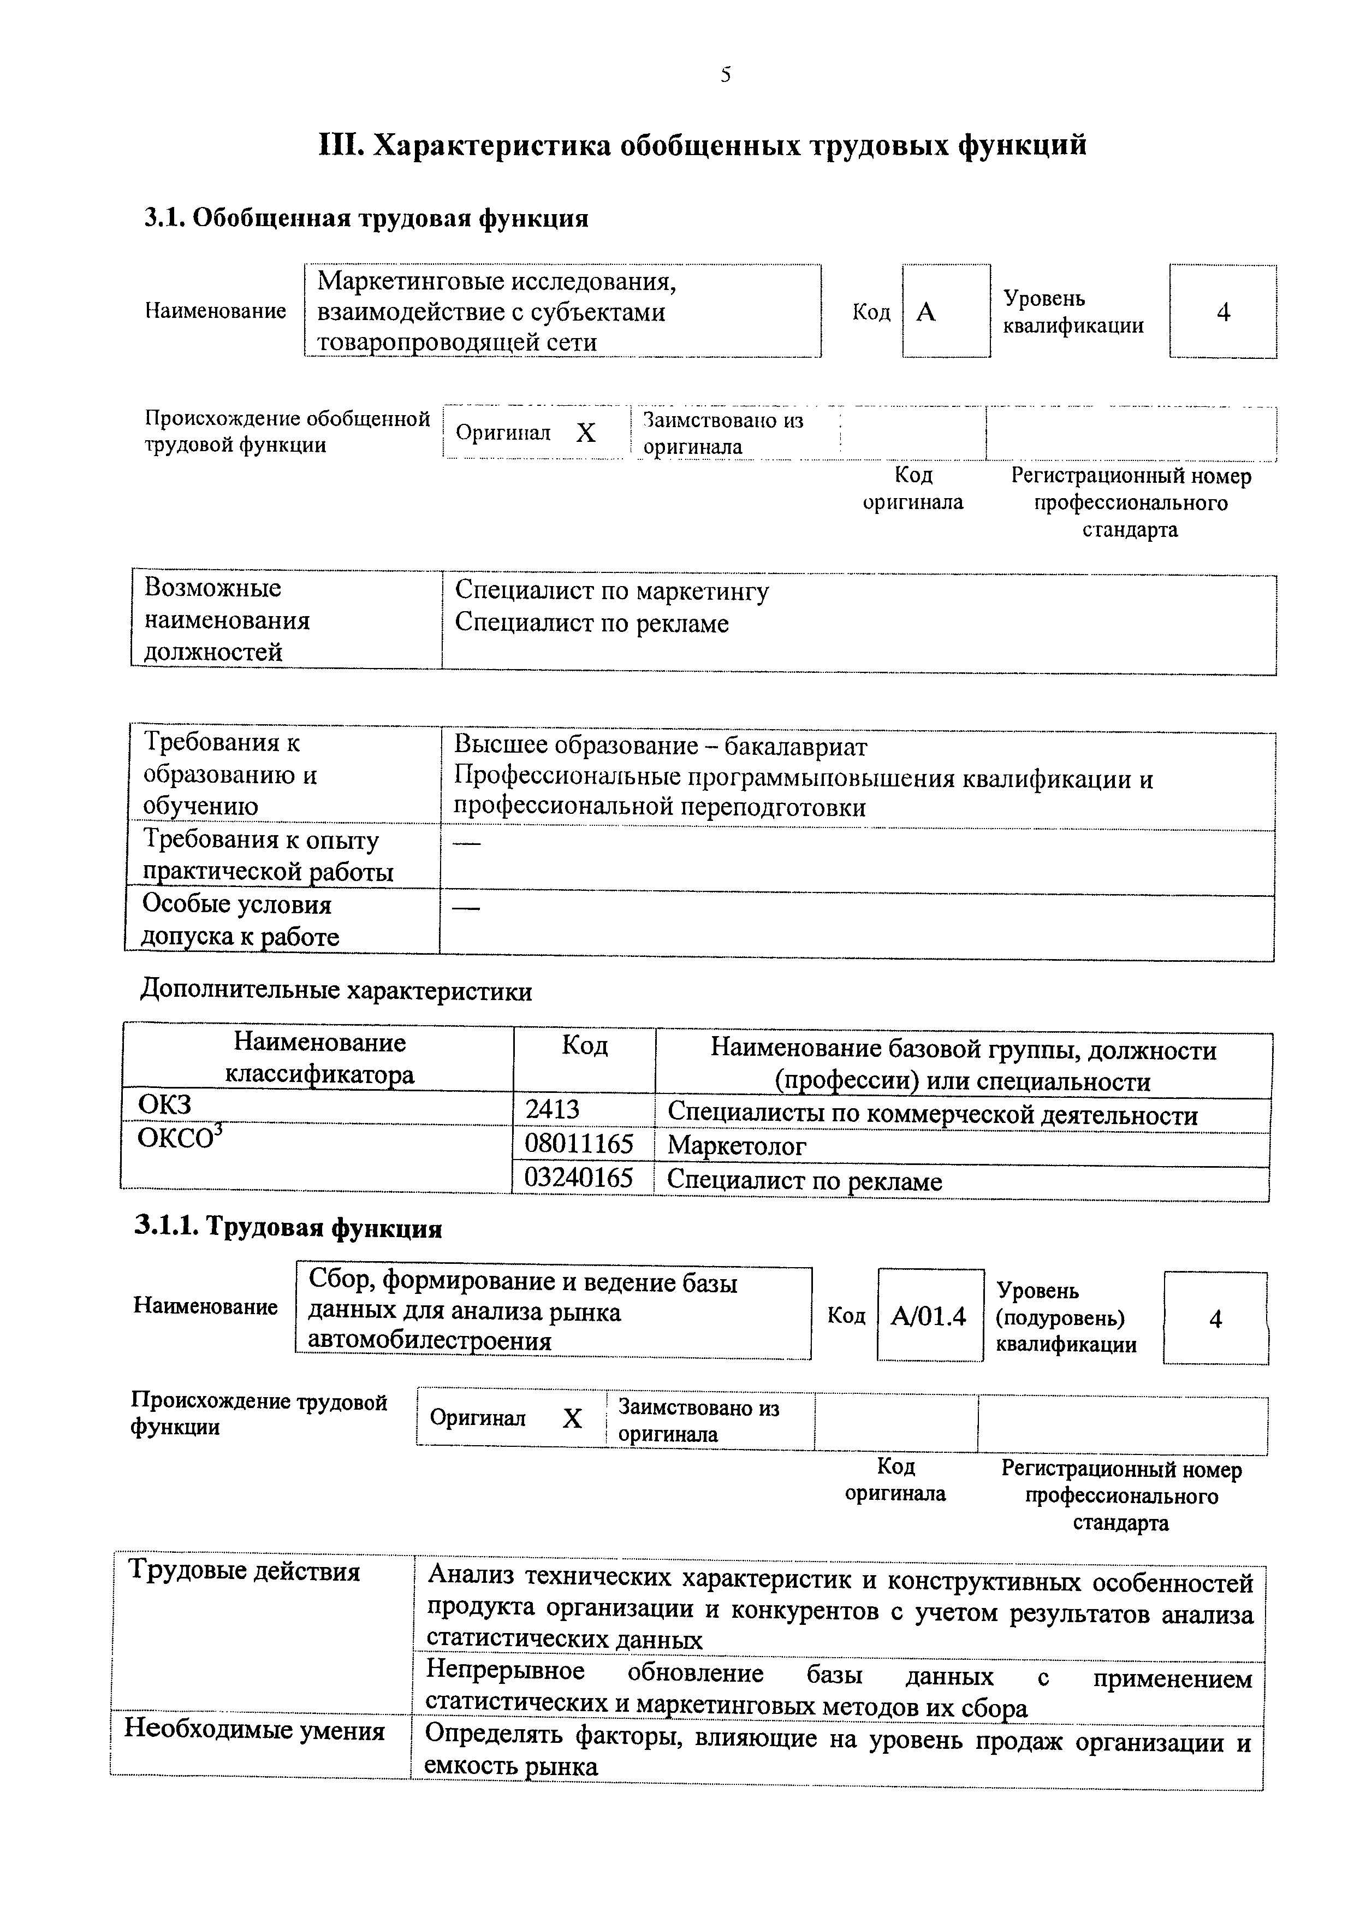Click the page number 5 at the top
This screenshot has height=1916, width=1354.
pos(726,75)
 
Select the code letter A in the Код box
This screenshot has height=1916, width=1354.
pos(926,312)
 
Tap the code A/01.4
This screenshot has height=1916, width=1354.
pos(929,1316)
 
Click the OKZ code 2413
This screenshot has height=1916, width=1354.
pos(553,1109)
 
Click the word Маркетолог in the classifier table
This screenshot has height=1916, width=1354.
pos(737,1146)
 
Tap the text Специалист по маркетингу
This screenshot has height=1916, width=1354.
pos(611,591)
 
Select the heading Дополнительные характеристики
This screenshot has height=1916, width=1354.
pos(336,991)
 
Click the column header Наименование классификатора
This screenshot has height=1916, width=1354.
pos(319,1058)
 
